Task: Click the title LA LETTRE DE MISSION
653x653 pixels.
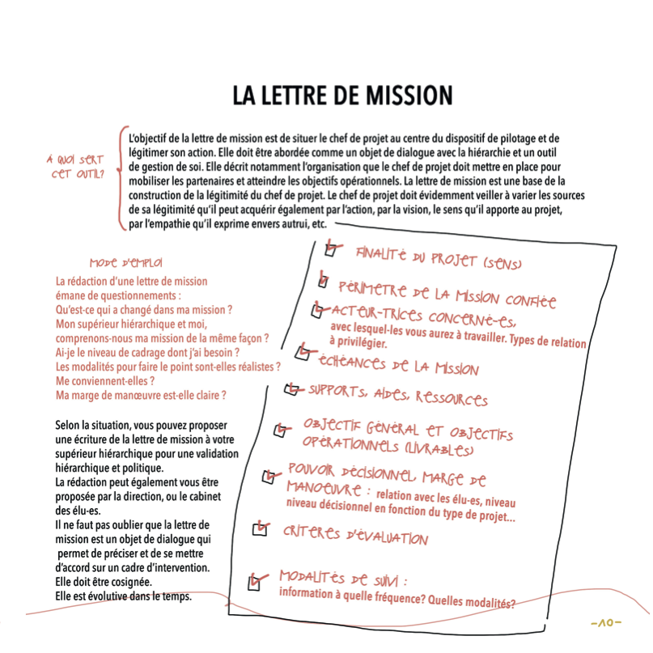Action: tap(342, 95)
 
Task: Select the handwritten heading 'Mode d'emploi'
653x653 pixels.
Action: tap(125, 263)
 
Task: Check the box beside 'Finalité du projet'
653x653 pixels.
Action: tap(330, 250)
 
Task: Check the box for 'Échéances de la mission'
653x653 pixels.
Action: tap(303, 352)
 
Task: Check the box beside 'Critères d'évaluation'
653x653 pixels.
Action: tap(261, 529)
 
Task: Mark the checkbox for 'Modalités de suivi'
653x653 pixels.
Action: tap(254, 583)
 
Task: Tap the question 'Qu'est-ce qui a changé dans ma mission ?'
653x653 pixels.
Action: tap(144, 309)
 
